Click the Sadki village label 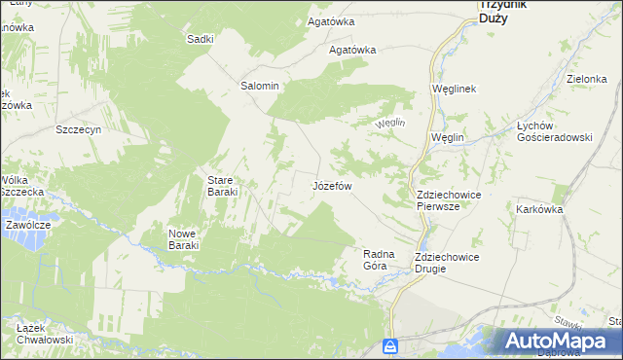pos(200,39)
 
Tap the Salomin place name pos(260,86)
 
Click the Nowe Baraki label pos(183,239)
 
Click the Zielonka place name pos(587,80)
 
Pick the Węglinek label pos(453,89)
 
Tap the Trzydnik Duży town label pos(503,11)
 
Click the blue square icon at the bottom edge pos(390,346)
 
